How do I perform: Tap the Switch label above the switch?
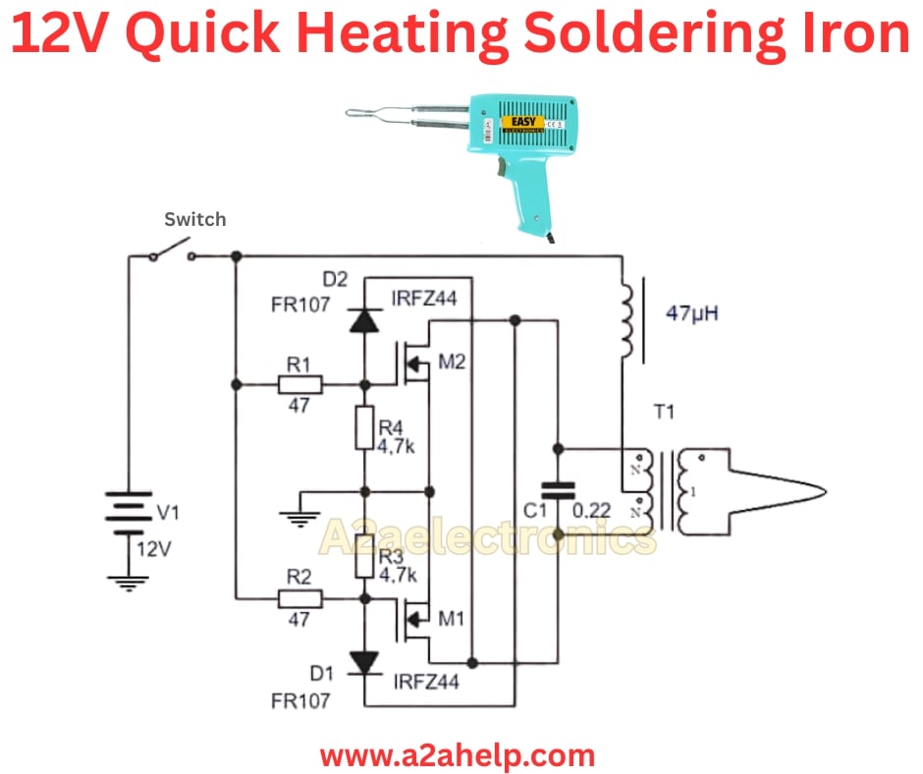[194, 219]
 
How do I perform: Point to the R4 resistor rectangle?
[364, 432]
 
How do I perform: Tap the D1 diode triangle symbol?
[364, 662]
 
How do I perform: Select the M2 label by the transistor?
[453, 362]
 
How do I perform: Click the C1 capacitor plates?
[558, 491]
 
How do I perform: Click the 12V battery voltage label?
[153, 548]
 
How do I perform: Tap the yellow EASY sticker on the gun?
[519, 123]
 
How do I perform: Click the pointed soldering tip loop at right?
[805, 488]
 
